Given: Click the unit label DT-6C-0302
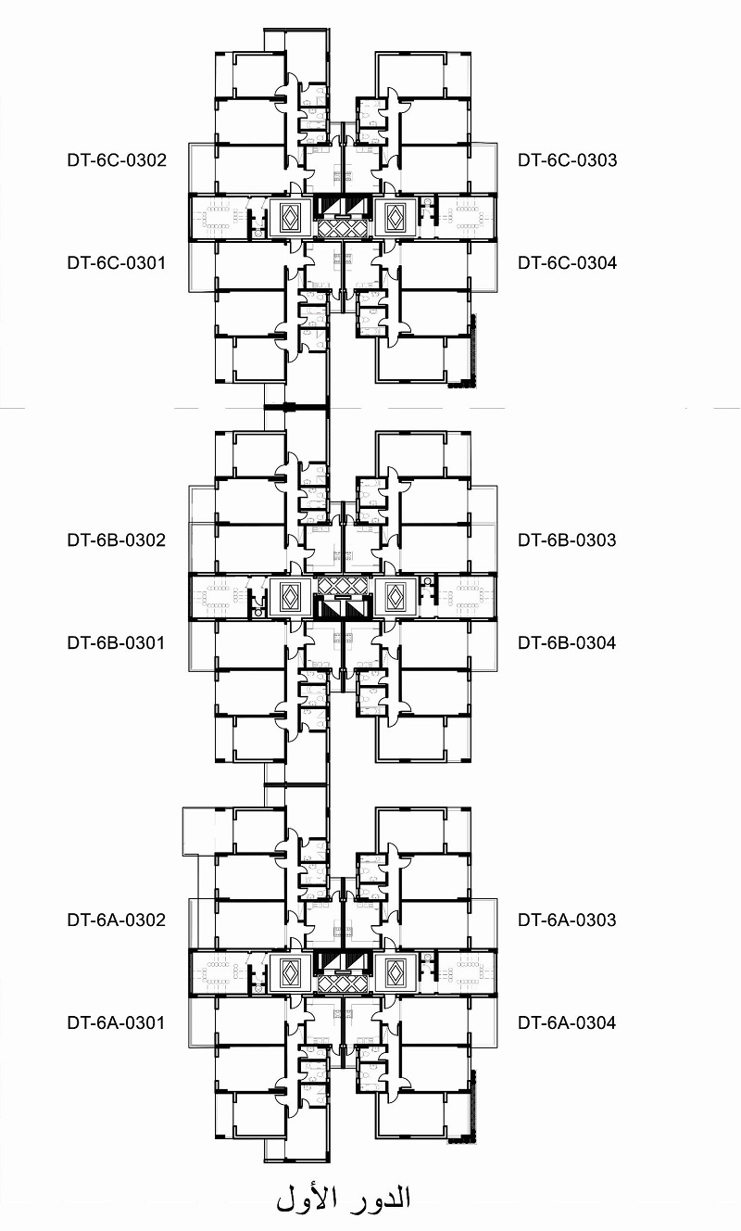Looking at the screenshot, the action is click(x=117, y=160).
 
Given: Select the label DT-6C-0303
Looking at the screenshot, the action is click(x=568, y=160).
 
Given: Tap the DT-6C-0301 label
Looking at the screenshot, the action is click(x=117, y=262).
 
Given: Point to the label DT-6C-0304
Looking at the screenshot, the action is click(x=568, y=262).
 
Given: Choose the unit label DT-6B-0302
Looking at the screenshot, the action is click(x=117, y=539).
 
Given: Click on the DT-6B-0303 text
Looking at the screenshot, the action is click(x=567, y=539).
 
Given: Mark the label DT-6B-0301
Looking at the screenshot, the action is click(x=116, y=642).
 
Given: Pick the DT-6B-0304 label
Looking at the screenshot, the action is click(x=567, y=642).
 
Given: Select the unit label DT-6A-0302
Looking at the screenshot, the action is click(x=117, y=920).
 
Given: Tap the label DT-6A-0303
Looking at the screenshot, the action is click(x=567, y=920).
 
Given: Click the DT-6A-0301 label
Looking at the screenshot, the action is click(x=116, y=1022).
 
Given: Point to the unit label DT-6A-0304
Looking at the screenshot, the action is click(x=567, y=1022).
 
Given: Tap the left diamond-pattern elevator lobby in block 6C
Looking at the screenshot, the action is click(x=290, y=218).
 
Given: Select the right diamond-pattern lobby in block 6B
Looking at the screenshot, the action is click(x=395, y=597).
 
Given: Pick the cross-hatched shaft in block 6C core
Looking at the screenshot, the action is click(x=342, y=228).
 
